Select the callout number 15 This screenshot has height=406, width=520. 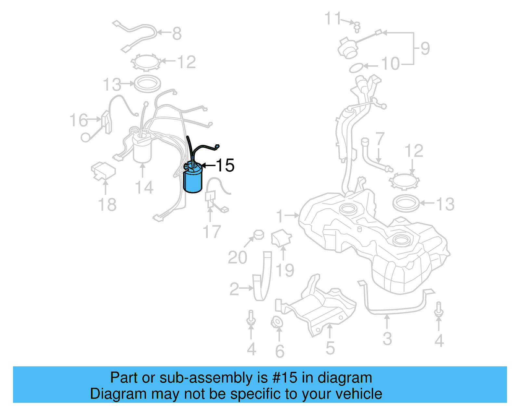(225, 165)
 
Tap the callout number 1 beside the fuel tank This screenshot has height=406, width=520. (280, 216)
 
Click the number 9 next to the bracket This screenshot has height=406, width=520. (425, 48)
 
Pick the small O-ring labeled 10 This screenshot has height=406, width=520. (356, 68)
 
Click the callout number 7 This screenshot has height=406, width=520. (380, 139)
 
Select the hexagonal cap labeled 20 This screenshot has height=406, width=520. (258, 234)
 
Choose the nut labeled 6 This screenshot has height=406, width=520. (277, 323)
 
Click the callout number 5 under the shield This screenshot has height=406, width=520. (330, 348)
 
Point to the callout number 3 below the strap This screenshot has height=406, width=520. (387, 339)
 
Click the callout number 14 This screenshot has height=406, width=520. (144, 188)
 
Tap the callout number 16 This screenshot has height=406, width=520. (79, 120)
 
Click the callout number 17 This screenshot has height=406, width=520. (212, 232)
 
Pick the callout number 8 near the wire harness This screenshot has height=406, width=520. (177, 33)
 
